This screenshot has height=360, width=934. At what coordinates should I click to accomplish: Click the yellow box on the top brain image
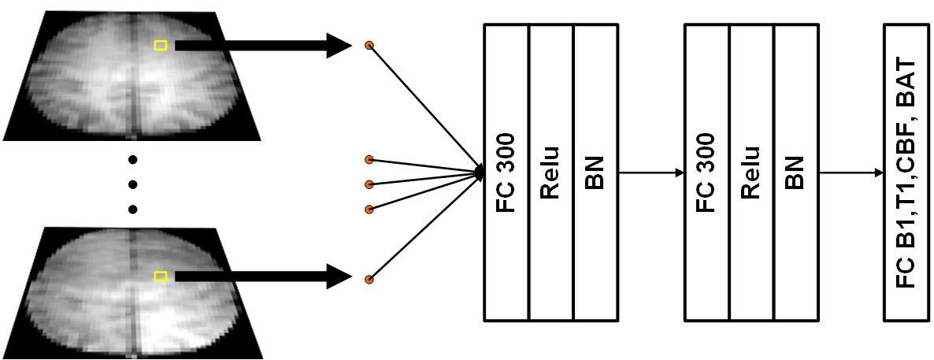pos(161,46)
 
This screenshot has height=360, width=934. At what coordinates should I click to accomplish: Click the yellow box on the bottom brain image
pos(161,276)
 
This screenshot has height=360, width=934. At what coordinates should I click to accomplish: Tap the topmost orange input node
pos(369,46)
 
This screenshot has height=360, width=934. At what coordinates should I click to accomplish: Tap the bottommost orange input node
pos(369,279)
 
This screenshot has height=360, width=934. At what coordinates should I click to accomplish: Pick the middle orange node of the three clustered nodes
pos(369,184)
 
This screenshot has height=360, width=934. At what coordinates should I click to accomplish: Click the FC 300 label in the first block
pos(506,173)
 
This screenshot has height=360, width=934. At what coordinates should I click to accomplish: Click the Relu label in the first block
pos(550,173)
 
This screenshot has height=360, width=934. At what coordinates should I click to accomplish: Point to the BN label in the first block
pos(595,173)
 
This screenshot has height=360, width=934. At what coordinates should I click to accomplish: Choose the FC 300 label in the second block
pos(707,173)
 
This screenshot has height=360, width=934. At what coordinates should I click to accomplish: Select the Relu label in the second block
pos(751,173)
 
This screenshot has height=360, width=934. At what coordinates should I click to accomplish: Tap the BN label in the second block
pos(796,173)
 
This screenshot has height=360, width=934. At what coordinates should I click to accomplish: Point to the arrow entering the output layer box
pos(851,173)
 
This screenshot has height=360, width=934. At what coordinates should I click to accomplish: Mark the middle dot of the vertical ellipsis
pos(132,184)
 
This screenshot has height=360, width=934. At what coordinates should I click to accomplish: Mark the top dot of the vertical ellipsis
pos(132,160)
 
